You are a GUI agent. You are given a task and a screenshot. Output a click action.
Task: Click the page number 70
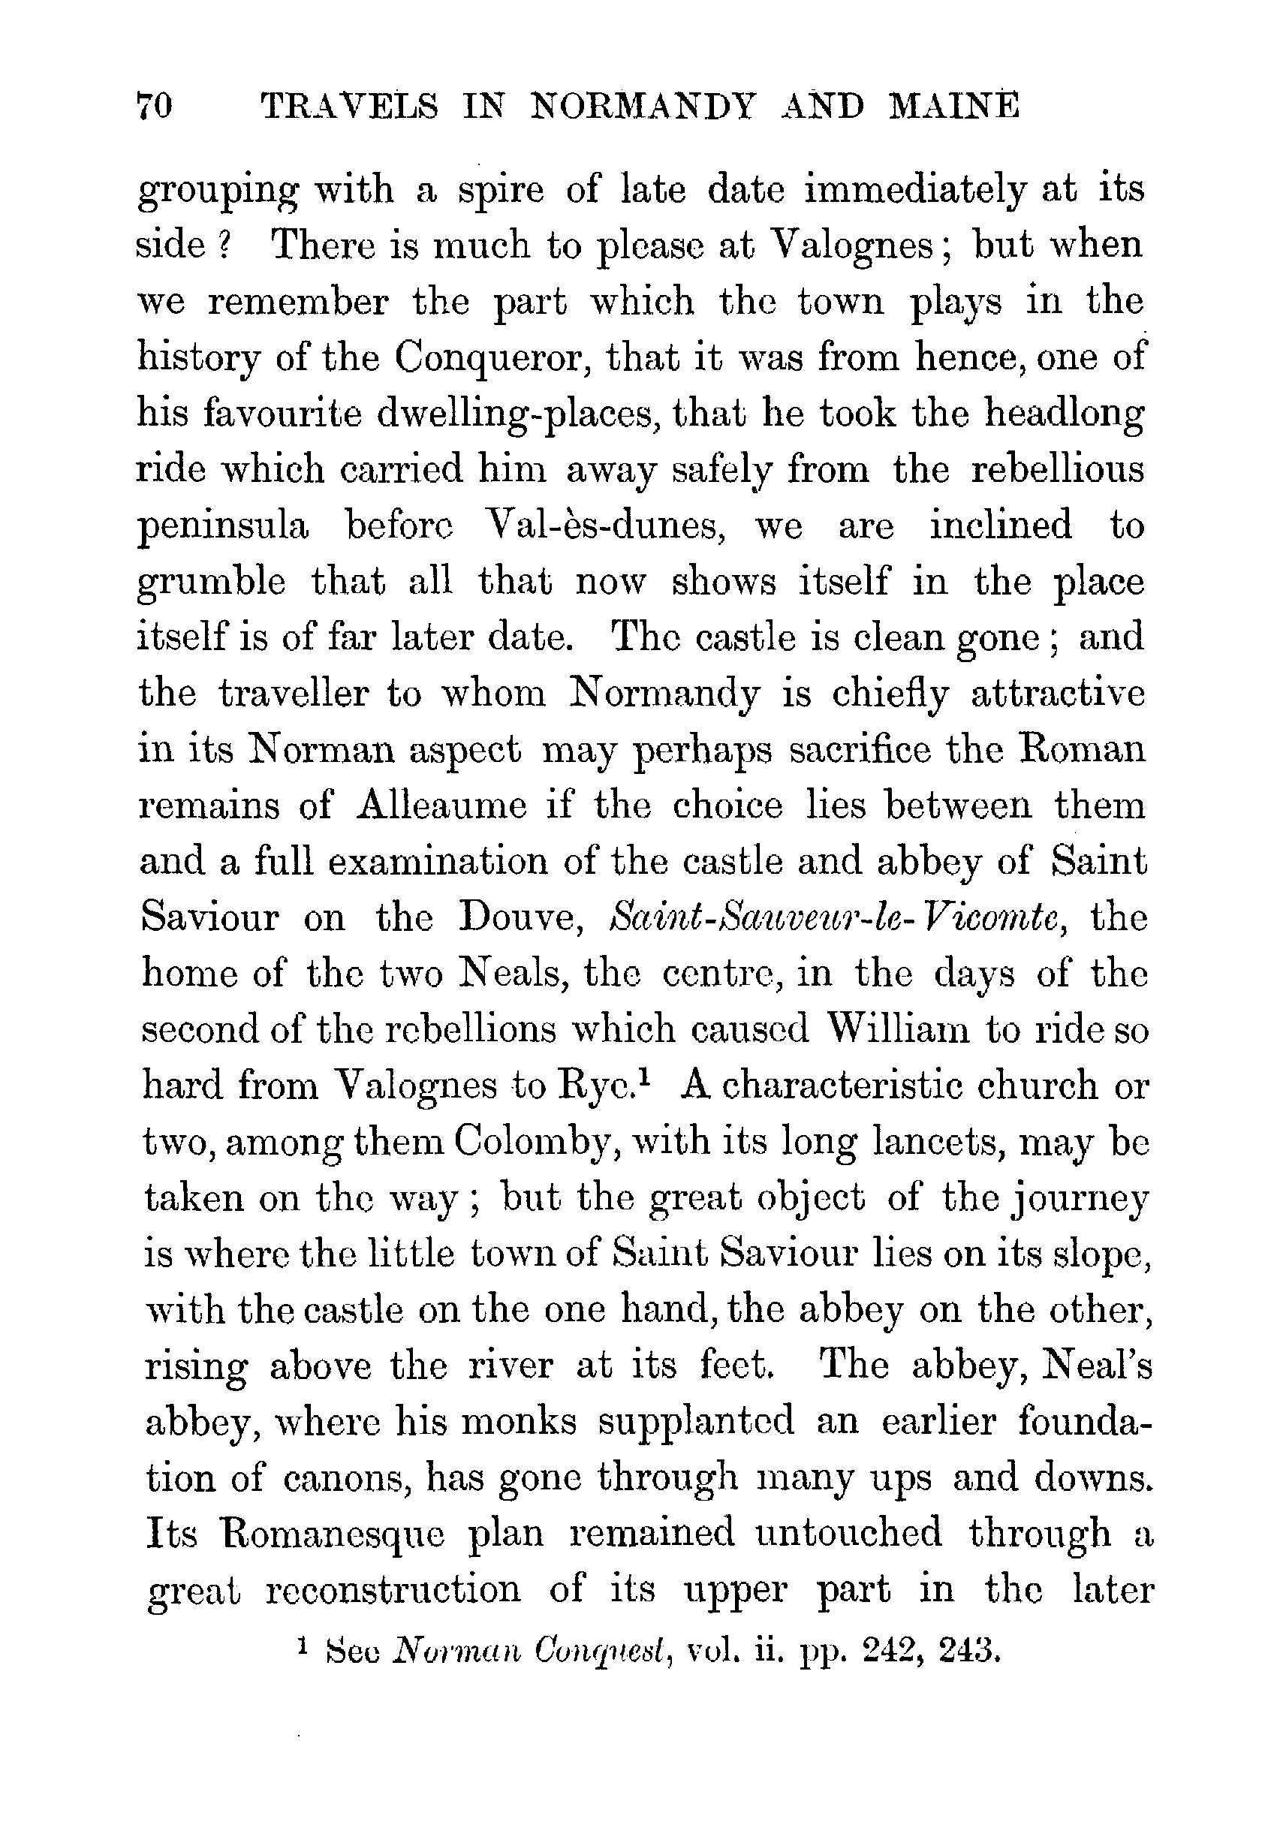155,107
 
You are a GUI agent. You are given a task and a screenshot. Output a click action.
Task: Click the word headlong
1064,414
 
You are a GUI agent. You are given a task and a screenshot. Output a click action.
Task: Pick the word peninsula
223,527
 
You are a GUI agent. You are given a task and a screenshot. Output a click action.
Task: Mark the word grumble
212,583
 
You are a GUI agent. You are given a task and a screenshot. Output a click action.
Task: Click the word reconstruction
392,1590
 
